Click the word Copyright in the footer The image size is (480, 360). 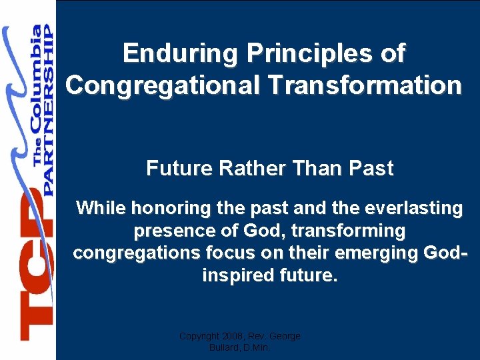201,336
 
